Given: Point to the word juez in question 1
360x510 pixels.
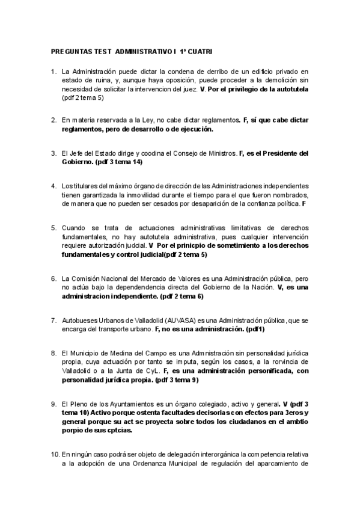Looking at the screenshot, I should coord(191,89).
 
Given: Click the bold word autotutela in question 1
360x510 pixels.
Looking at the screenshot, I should coord(289,89).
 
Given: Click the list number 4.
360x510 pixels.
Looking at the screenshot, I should coord(53,186).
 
